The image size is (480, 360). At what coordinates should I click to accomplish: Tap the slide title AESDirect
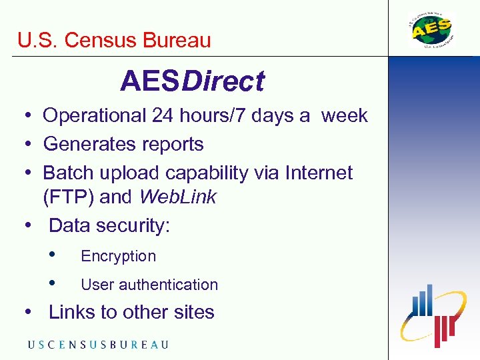(192, 82)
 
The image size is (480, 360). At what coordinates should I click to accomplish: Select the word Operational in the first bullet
(95, 116)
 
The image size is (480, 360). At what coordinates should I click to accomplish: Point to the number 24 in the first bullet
(163, 116)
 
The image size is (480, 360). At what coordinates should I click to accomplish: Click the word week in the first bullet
(344, 116)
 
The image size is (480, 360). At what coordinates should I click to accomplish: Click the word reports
(171, 144)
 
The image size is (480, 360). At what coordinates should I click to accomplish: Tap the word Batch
(69, 173)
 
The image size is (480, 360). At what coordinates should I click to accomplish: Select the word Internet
(318, 173)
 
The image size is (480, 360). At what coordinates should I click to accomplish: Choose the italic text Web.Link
(177, 197)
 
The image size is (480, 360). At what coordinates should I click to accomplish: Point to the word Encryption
(118, 256)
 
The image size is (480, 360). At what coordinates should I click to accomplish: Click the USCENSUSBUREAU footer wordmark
(98, 345)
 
